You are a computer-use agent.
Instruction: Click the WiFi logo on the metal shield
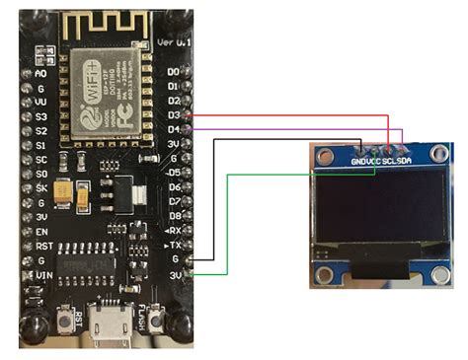[x=83, y=68]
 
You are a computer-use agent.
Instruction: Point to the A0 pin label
[x=40, y=72]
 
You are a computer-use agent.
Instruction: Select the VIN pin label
[x=41, y=275]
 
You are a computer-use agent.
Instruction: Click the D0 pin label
[x=175, y=72]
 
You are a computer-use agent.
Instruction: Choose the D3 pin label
[x=175, y=114]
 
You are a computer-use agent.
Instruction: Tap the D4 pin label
[x=175, y=129]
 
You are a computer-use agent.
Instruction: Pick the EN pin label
[x=41, y=230]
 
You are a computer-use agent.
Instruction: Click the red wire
[x=296, y=114]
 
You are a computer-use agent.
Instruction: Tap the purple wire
[x=296, y=128]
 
